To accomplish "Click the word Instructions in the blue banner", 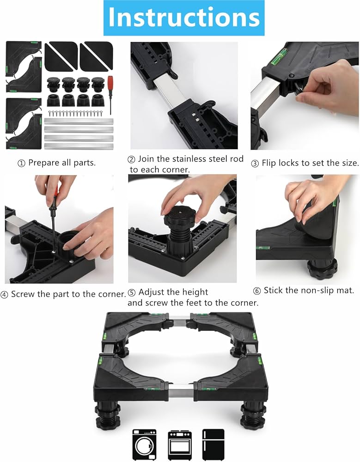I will point(183,17).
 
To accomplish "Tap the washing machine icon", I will point(144,444).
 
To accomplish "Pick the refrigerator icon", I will point(213,444).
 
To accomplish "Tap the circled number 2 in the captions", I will point(131,159).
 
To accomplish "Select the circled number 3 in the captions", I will point(255,163).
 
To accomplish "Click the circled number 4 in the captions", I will point(4,294).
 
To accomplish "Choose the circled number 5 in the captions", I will point(132,292).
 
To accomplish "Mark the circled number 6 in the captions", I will point(257,291).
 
